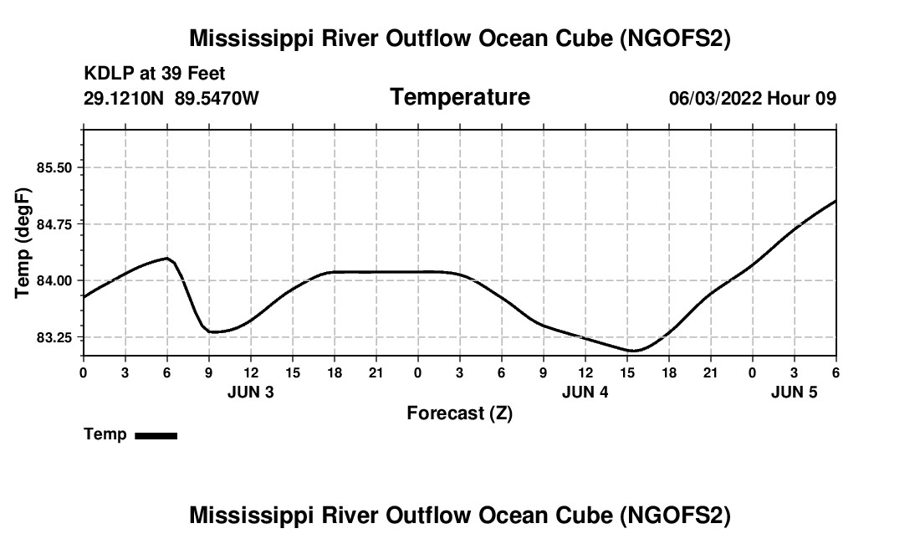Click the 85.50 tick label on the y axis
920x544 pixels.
54,167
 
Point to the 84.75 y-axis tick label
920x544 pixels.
54,224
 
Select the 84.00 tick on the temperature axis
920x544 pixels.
54,280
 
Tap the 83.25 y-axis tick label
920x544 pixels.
54,337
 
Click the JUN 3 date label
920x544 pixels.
251,392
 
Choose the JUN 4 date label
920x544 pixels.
585,392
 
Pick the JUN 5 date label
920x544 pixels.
795,392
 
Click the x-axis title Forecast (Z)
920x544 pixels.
459,413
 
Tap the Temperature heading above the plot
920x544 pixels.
460,97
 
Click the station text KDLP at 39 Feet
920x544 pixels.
155,74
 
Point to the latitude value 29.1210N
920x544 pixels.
125,98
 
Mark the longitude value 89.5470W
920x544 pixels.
217,98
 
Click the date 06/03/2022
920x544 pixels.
714,98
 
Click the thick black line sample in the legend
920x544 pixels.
156,435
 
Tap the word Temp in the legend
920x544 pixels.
105,434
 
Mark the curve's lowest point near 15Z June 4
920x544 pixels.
633,351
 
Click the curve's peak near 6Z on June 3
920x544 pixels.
167,258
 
